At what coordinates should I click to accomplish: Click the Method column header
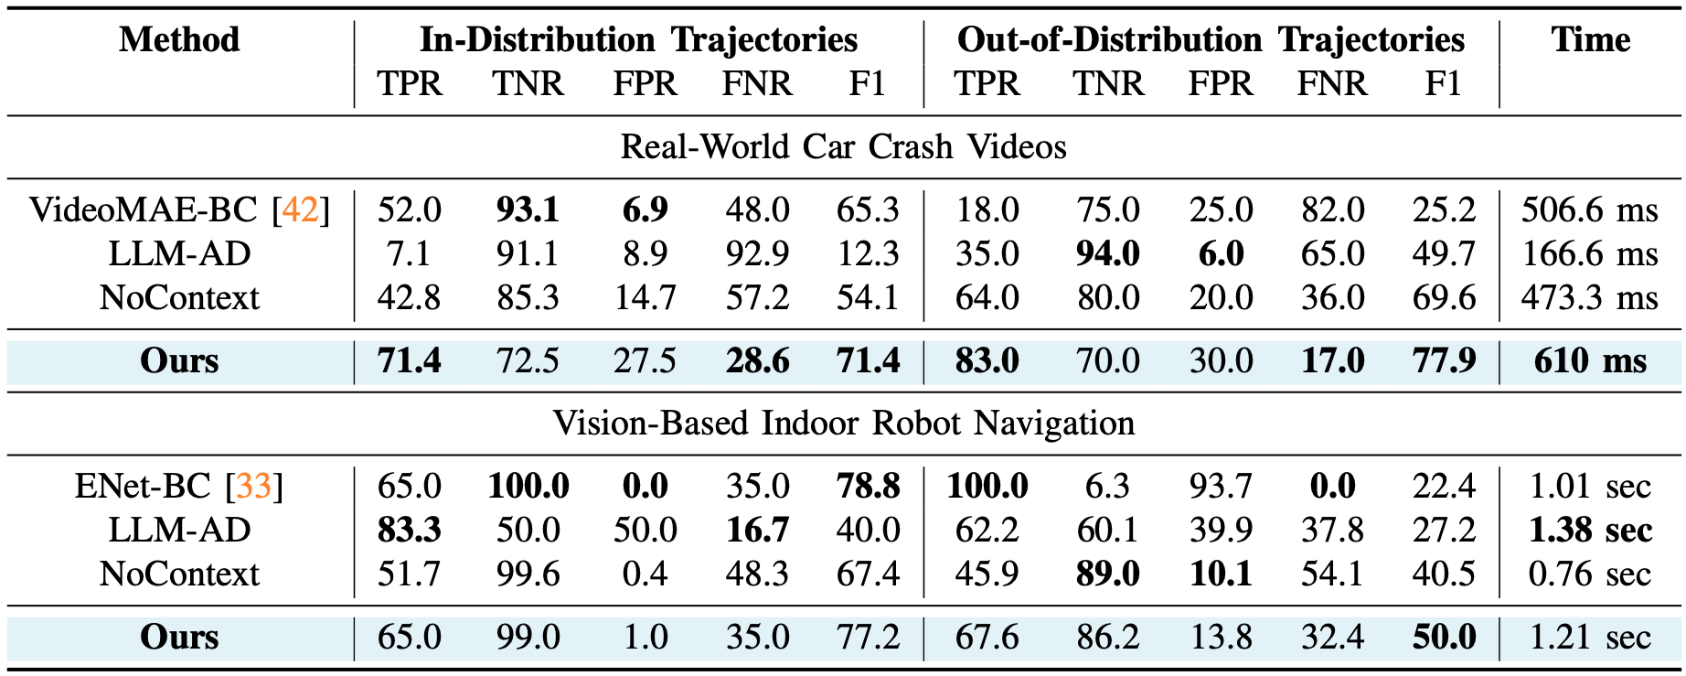[x=179, y=40]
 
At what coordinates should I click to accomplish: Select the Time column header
[x=1590, y=40]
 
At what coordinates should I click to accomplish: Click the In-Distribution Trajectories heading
[x=638, y=40]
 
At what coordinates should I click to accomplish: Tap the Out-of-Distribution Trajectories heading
[x=1211, y=40]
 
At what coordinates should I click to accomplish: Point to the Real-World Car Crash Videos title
[x=843, y=147]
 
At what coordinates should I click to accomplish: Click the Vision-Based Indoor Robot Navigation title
[x=843, y=424]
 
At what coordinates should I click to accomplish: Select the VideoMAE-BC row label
[x=144, y=210]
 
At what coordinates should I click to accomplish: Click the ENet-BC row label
[x=143, y=487]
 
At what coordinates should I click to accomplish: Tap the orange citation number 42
[x=300, y=210]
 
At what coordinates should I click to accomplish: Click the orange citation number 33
[x=253, y=487]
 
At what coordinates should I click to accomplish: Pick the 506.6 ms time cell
[x=1589, y=210]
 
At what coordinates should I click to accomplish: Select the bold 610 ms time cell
[x=1590, y=361]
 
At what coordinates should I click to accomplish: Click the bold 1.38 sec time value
[x=1590, y=531]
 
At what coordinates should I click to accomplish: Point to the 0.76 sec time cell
[x=1589, y=574]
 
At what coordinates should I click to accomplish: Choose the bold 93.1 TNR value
[x=528, y=210]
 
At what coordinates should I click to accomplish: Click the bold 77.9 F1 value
[x=1444, y=361]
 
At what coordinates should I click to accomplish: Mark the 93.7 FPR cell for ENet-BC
[x=1221, y=487]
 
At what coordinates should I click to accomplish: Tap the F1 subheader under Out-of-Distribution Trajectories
[x=1443, y=84]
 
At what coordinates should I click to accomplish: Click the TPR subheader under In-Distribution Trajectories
[x=410, y=84]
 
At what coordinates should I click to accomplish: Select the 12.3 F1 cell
[x=868, y=254]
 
